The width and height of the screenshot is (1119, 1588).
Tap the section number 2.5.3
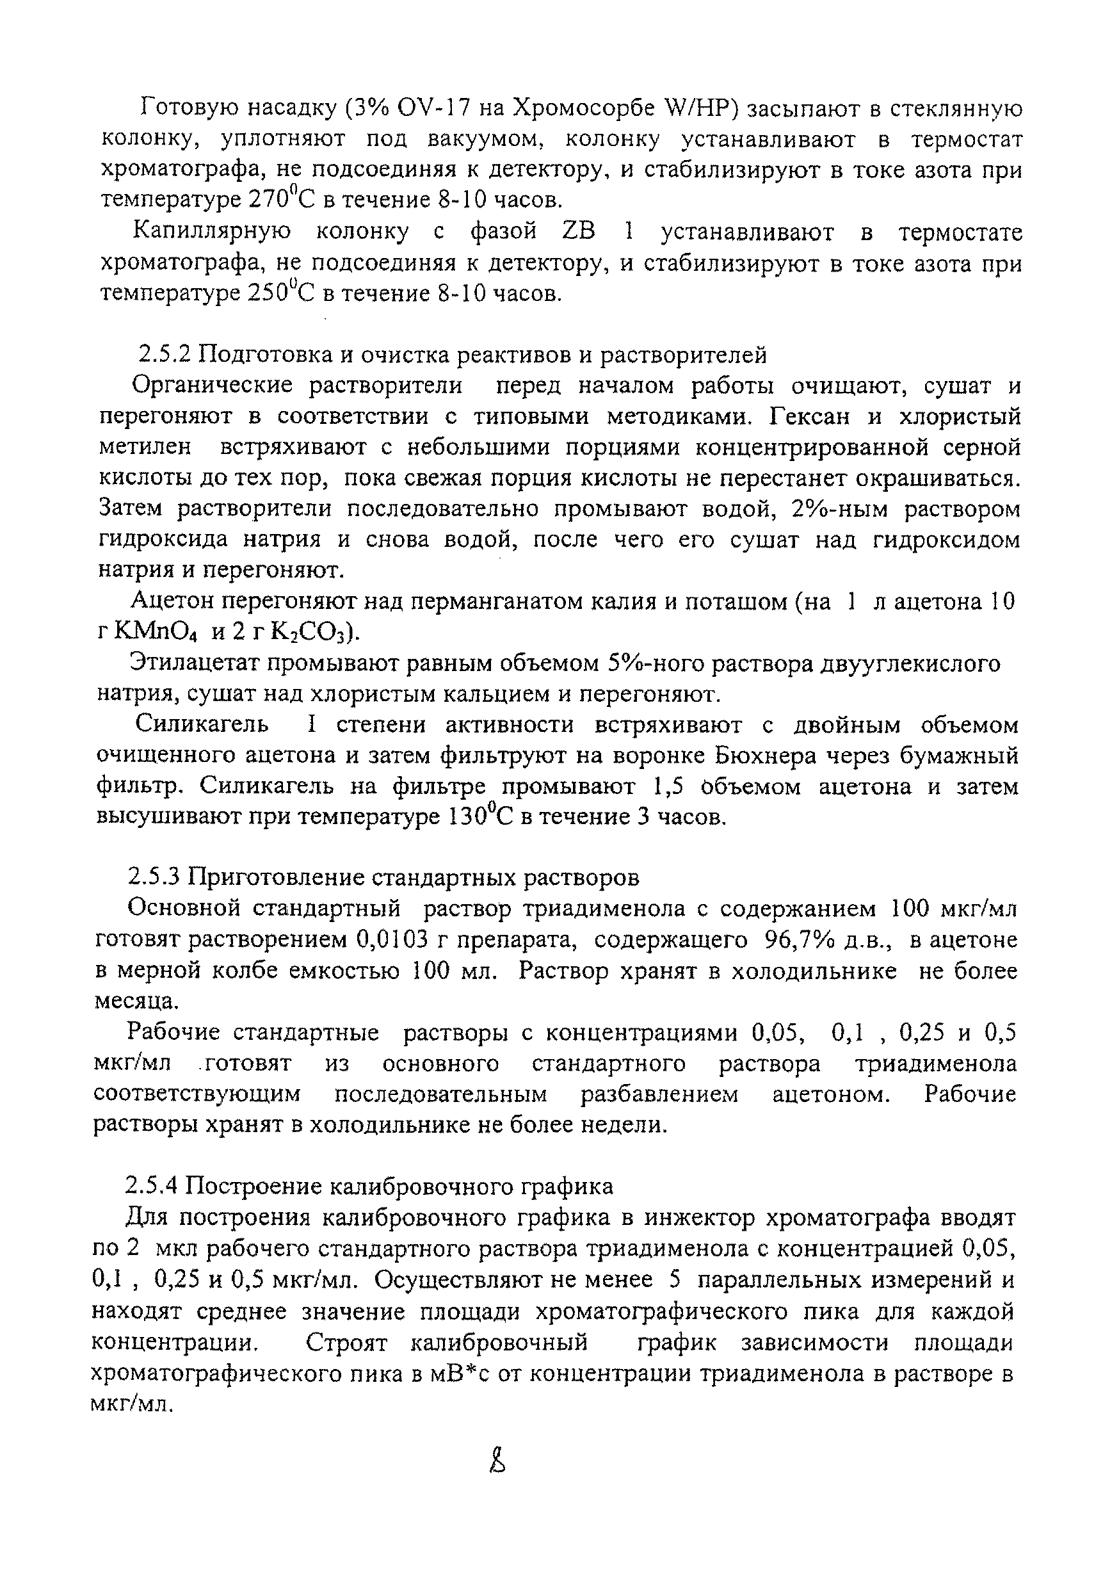pos(154,878)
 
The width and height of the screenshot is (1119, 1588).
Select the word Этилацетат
pos(193,663)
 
